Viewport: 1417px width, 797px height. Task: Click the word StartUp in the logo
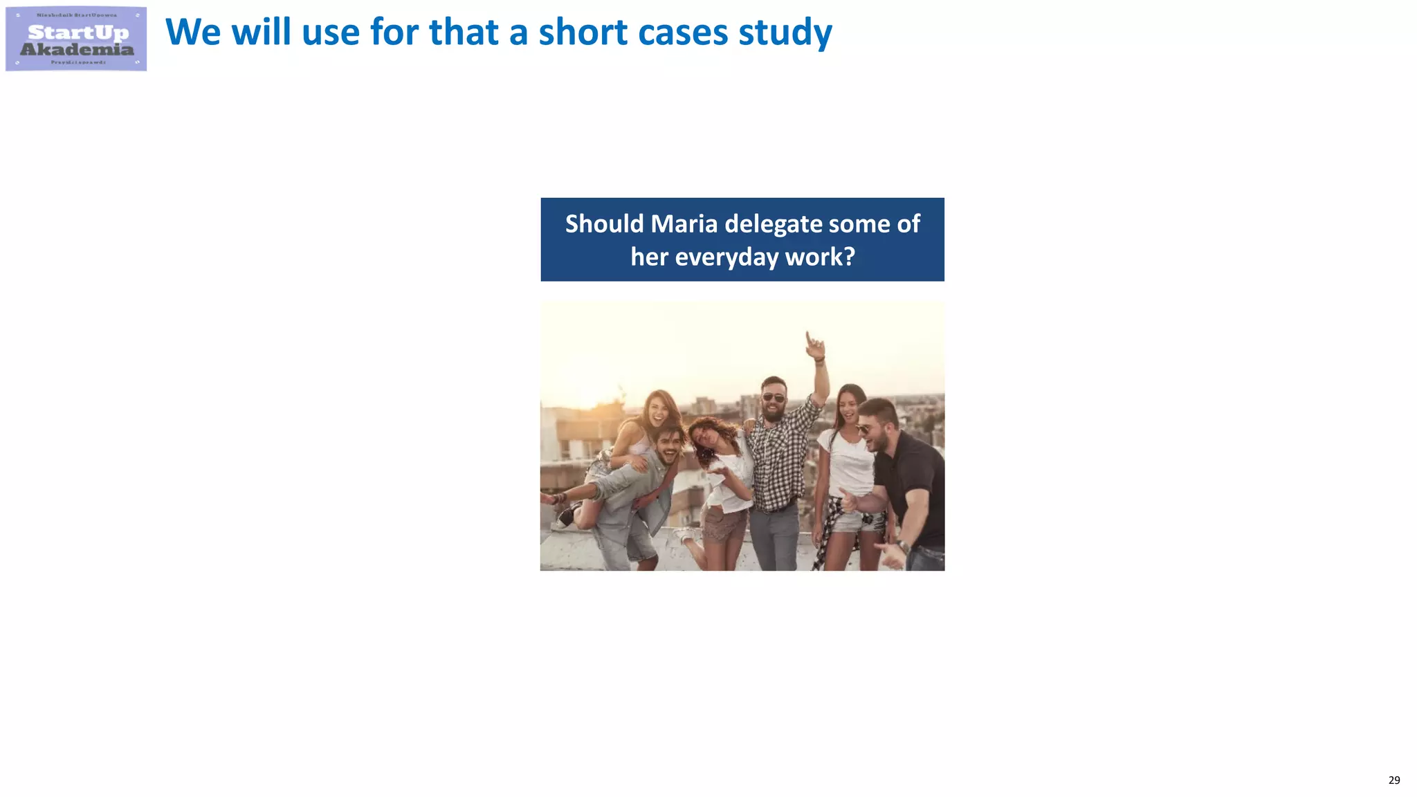[x=78, y=33]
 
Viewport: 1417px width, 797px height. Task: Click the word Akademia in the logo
[x=77, y=49]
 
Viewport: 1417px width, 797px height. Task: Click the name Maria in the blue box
[x=684, y=223]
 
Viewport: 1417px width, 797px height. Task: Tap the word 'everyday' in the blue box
[x=726, y=257]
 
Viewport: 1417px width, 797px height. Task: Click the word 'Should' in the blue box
[x=604, y=223]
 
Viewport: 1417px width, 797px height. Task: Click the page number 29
[x=1394, y=780]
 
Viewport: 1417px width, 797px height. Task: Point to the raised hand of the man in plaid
[x=815, y=344]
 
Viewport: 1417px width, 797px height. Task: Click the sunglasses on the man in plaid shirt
[x=774, y=398]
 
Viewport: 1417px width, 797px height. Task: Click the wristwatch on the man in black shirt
[x=904, y=547]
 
